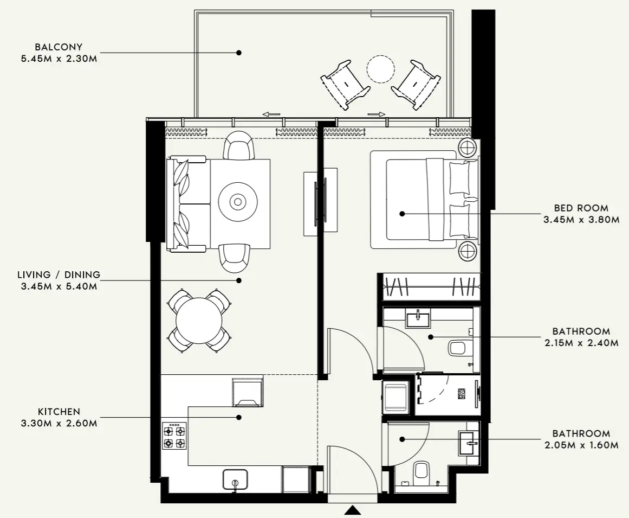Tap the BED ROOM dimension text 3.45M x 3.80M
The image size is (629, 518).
pos(581,220)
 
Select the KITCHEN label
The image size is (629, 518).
pos(59,412)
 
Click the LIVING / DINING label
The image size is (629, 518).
pos(59,275)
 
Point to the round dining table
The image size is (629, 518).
pos(199,321)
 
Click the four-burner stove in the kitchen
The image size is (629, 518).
pos(174,436)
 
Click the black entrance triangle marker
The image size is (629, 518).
pos(353,510)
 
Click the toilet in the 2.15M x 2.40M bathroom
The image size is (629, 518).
pos(458,347)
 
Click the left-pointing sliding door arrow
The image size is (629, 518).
pos(271,114)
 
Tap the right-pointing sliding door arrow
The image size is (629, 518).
pos(376,114)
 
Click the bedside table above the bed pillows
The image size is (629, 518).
pos(468,148)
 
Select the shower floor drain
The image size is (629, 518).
pos(461,394)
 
